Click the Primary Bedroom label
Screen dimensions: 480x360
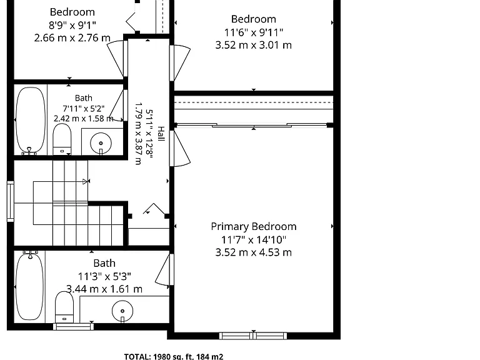tap(254, 227)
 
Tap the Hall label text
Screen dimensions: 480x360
tap(161, 134)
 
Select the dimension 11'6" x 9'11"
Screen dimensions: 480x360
tap(254, 32)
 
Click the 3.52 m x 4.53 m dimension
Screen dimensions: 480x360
tap(254, 252)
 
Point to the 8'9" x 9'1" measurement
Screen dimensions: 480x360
tap(72, 25)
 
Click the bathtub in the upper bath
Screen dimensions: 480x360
tap(30, 120)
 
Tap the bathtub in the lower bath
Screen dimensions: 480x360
tap(29, 285)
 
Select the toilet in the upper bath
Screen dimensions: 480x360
tap(62, 139)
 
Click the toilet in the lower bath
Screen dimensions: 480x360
tap(64, 307)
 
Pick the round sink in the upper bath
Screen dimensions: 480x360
tap(101, 143)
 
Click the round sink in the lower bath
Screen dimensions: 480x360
tap(122, 311)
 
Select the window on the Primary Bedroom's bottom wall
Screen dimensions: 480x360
tap(253, 336)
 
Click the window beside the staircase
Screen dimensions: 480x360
tap(11, 201)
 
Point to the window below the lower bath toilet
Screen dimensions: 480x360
tap(74, 327)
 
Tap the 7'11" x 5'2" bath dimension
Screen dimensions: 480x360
tap(84, 108)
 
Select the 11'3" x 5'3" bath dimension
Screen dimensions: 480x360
tap(104, 276)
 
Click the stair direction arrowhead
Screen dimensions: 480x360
tap(85, 181)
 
